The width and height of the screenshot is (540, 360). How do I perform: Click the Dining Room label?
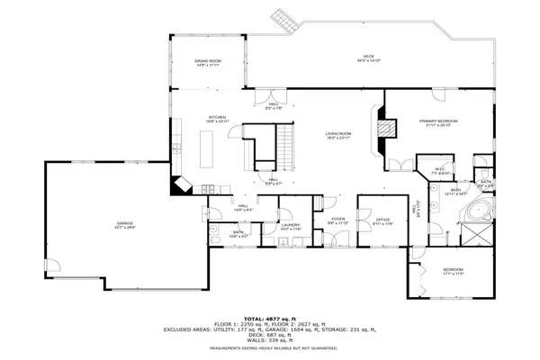coord(208,63)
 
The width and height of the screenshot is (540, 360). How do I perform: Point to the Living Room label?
coord(338,136)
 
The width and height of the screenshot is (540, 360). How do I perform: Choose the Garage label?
coord(124,225)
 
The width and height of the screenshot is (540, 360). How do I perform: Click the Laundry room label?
coord(290,227)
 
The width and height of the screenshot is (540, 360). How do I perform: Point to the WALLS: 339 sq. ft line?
coord(270,340)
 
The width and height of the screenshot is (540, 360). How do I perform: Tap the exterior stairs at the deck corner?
coord(284,20)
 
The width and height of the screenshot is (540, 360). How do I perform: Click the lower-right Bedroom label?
coord(452,271)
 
